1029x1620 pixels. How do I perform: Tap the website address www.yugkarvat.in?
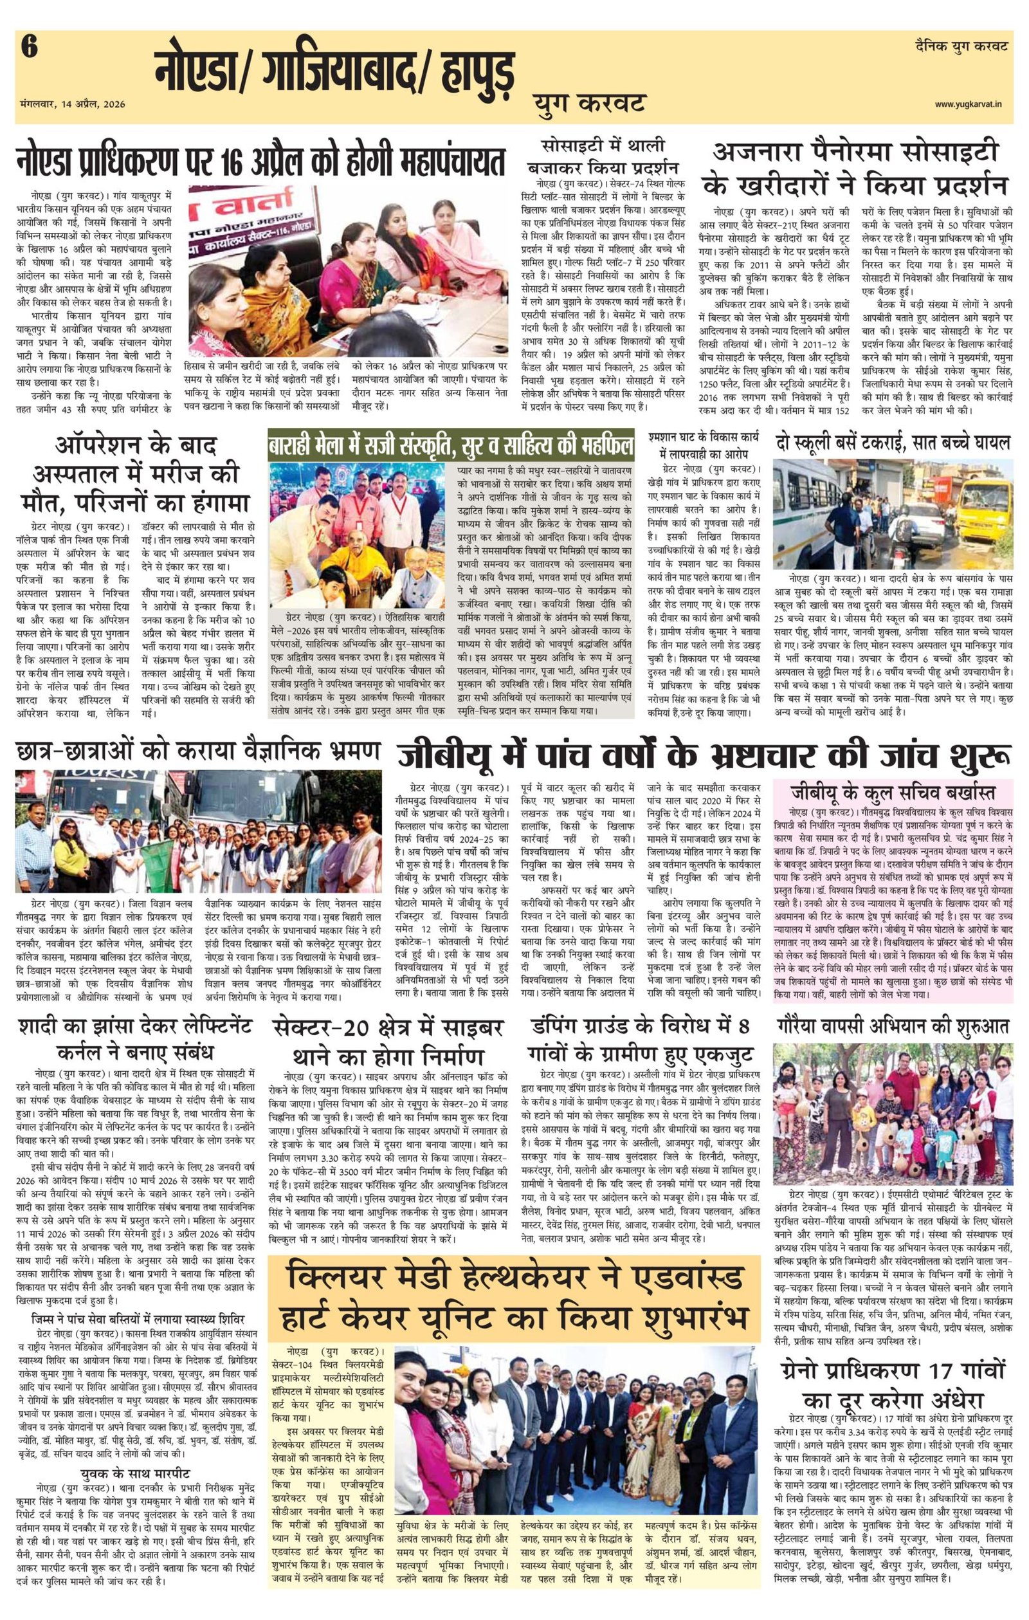(x=971, y=103)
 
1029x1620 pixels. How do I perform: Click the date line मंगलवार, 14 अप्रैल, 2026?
(x=73, y=104)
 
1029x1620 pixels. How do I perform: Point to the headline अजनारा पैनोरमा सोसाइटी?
(x=855, y=154)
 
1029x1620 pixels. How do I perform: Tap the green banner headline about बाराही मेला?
(x=451, y=445)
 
